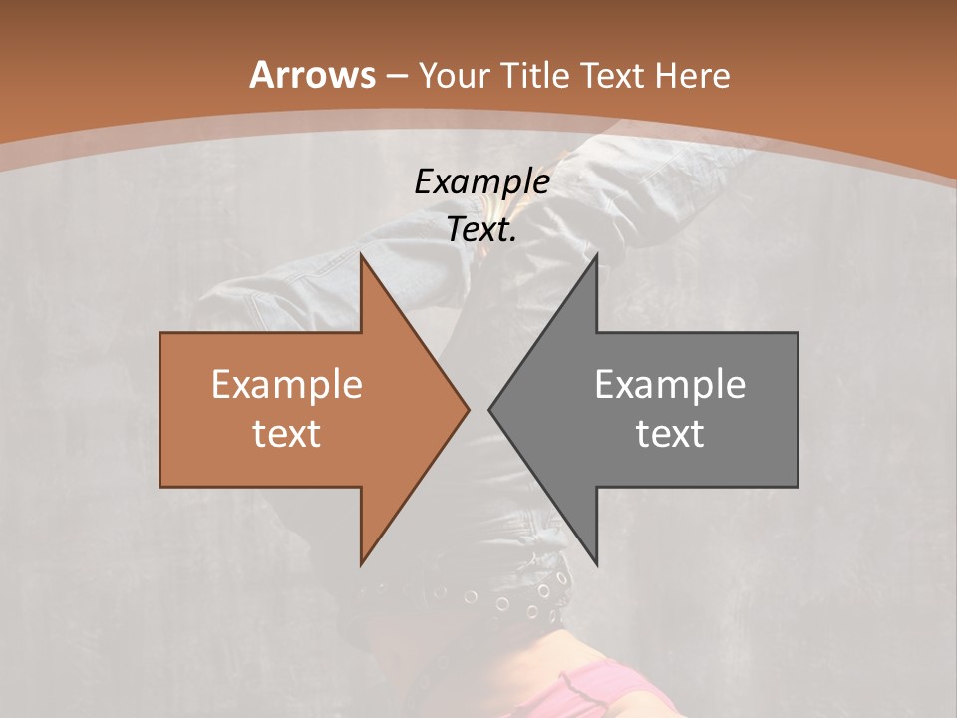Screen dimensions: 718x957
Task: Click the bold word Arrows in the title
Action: (312, 75)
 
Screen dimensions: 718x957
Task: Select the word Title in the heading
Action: (538, 75)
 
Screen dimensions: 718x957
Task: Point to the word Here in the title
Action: (695, 75)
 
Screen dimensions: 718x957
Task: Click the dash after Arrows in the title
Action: (397, 77)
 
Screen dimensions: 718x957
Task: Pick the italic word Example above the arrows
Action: (481, 181)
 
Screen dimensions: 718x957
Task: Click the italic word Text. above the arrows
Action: (481, 229)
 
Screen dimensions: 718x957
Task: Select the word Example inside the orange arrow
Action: (287, 384)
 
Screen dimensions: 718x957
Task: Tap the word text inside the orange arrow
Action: (287, 433)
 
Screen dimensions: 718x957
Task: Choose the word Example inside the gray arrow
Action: (670, 384)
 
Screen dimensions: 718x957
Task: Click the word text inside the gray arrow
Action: (670, 433)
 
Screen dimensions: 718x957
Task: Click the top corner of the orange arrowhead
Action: (362, 256)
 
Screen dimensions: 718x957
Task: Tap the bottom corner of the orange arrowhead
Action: (362, 563)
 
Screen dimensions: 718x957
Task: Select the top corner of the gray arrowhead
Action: (596, 256)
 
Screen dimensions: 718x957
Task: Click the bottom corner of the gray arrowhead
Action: (596, 563)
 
